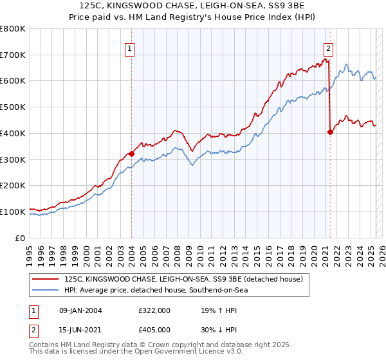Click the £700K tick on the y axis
pyautogui.click(x=13, y=55)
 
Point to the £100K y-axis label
pyautogui.click(x=13, y=212)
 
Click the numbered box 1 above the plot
pyautogui.click(x=130, y=48)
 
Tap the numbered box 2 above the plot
pyautogui.click(x=328, y=48)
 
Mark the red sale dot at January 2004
pyautogui.click(x=131, y=154)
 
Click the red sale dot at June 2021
pyautogui.click(x=330, y=132)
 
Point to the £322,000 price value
pyautogui.click(x=154, y=311)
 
